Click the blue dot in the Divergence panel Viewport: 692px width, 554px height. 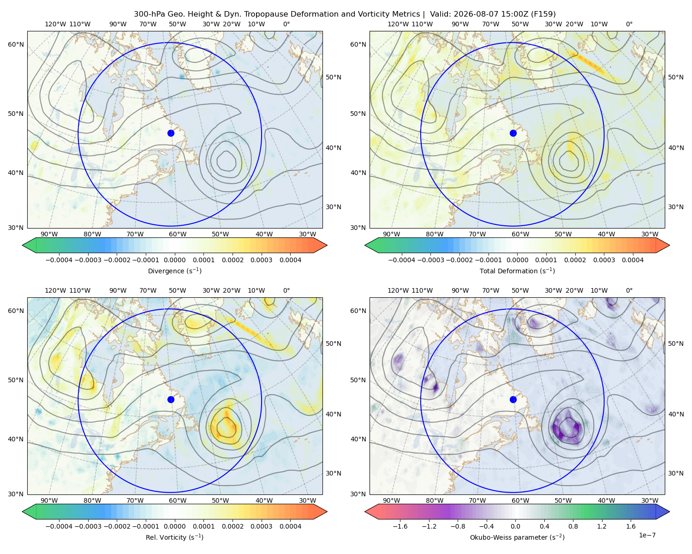[171, 133]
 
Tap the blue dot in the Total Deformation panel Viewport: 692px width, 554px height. [513, 133]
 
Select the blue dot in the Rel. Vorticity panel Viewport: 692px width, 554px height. [171, 399]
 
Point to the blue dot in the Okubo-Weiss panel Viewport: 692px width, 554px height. [513, 399]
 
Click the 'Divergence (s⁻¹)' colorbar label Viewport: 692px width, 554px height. [174, 271]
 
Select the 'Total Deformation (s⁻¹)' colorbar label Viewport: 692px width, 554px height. [517, 271]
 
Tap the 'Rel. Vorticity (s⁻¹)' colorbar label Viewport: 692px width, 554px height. [174, 537]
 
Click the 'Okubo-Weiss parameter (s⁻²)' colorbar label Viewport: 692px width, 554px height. [517, 537]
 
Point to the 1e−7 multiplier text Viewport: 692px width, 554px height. [647, 535]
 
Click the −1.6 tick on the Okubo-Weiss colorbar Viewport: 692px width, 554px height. [400, 526]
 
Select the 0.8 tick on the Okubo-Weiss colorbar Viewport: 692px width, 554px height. [573, 526]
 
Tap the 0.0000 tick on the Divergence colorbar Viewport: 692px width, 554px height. [174, 260]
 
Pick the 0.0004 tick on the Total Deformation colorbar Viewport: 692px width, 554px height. [632, 260]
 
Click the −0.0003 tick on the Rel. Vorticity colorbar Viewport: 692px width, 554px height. [88, 526]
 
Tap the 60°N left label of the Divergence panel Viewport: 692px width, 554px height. [16, 44]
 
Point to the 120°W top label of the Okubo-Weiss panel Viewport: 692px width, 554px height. [398, 290]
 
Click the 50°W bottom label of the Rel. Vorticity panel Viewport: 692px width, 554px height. [220, 500]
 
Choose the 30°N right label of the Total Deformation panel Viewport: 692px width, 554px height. [675, 207]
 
